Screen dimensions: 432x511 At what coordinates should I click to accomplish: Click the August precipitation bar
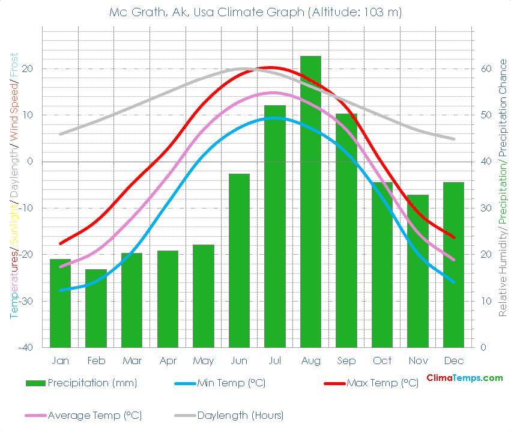point(310,202)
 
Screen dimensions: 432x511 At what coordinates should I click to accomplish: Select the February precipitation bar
point(96,308)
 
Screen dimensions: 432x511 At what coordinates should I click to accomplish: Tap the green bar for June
point(239,260)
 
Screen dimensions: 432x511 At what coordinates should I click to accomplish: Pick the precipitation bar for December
point(453,264)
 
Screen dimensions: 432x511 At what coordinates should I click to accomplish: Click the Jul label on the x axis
point(275,361)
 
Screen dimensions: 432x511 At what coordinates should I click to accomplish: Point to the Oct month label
point(382,361)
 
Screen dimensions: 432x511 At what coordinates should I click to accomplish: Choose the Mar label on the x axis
point(132,361)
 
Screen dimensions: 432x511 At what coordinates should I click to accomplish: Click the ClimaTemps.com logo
point(464,378)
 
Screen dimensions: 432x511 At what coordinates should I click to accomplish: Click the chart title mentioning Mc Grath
point(256,12)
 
